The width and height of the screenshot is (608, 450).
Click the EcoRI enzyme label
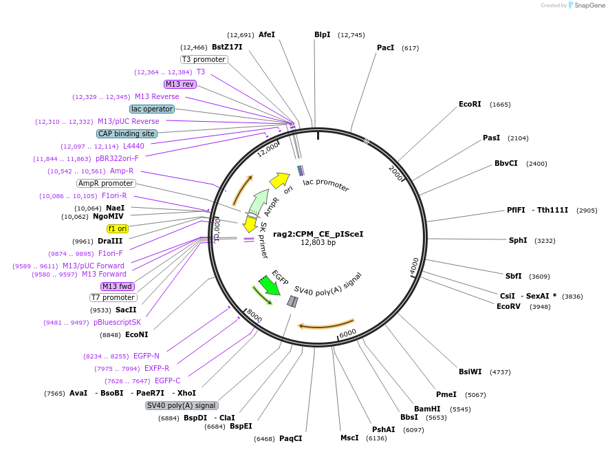coord(470,105)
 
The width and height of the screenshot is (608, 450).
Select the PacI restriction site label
coord(385,48)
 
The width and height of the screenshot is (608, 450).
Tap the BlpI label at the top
coord(322,34)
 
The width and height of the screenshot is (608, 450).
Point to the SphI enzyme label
coord(517,241)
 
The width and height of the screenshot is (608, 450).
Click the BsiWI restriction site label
coord(470,372)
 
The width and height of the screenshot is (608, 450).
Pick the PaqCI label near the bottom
coord(290,438)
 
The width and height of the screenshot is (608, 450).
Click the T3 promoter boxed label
coord(204,59)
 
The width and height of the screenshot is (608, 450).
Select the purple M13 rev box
coord(180,84)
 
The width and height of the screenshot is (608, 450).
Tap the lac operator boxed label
coord(152,109)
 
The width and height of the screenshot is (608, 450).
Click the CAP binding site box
coord(127,133)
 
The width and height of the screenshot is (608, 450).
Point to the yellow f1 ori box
coord(118,228)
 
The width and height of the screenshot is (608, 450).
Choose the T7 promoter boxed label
coord(113,297)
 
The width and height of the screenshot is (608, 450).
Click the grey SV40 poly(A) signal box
coord(182,405)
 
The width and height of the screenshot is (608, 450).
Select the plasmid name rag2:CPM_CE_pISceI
coord(318,234)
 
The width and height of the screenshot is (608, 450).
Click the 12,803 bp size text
coord(318,243)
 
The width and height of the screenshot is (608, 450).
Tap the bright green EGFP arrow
coord(270,286)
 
